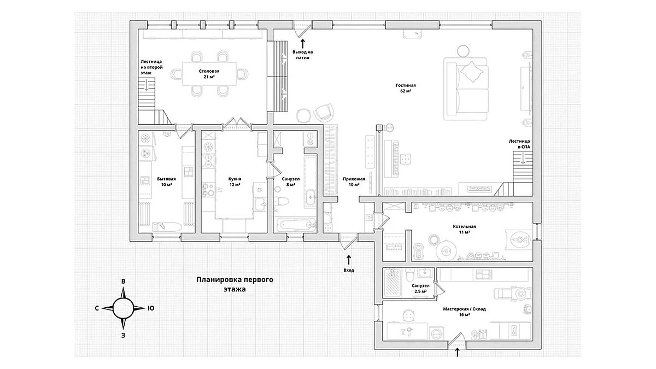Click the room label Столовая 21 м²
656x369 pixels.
point(209,74)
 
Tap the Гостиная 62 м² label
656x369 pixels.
point(406,88)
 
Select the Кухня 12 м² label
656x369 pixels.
point(235,181)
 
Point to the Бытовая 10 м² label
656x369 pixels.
point(166,181)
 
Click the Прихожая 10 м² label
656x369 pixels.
point(354,181)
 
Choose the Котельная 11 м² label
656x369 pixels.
point(464,229)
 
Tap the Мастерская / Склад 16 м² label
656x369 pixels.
point(464,312)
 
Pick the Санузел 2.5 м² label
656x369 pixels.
point(420,289)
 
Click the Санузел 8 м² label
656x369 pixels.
point(290,181)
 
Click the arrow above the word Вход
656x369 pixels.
point(349,260)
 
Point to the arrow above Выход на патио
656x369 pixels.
point(303,44)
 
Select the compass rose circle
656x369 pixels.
point(124,308)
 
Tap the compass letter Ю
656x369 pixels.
point(150,308)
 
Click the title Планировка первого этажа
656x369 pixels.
point(235,284)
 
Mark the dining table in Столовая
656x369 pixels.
point(209,74)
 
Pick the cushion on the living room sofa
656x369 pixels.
point(471,71)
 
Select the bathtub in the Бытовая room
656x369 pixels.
point(167,226)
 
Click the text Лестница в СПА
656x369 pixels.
point(519,144)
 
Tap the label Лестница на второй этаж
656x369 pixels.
point(151,67)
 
